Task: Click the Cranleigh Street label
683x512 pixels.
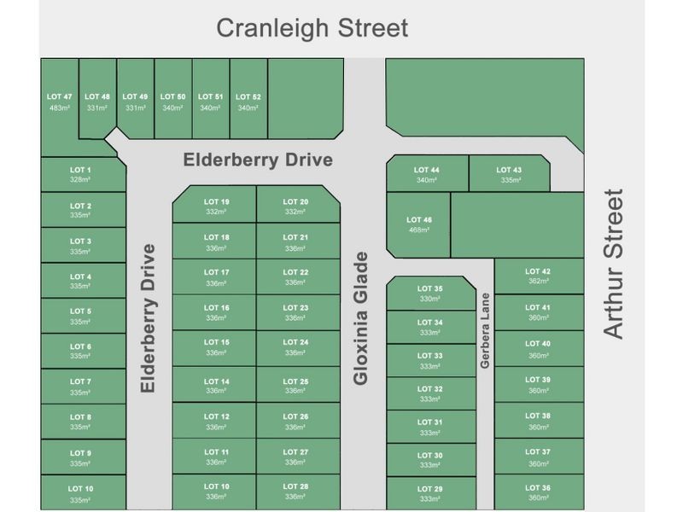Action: [312, 27]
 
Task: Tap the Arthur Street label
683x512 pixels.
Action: [614, 265]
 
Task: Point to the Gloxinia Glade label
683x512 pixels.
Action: [361, 317]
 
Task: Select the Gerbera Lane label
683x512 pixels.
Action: [485, 331]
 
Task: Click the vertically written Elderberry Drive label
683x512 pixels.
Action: [149, 317]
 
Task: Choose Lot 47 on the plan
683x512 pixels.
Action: [60, 102]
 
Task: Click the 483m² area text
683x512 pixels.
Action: [60, 108]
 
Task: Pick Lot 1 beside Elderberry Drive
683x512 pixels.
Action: [81, 175]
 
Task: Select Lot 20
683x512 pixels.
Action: [296, 207]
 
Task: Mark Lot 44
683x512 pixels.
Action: [426, 175]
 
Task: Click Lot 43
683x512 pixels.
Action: [509, 175]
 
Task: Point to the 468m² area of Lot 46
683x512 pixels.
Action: [419, 230]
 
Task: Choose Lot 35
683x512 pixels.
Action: [431, 294]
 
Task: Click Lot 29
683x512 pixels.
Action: [431, 493]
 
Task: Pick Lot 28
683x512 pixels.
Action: [296, 492]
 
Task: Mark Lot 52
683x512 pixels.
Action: [248, 102]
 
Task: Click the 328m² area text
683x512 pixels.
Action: [81, 181]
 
